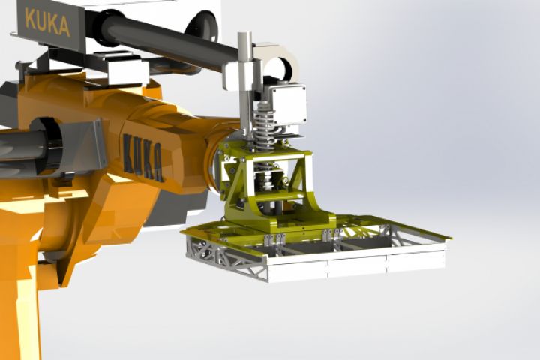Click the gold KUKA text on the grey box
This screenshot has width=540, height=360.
tap(48, 22)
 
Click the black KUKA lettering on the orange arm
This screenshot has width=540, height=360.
tap(143, 157)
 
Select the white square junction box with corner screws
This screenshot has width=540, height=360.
tap(286, 104)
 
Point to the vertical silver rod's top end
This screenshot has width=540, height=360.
tap(244, 34)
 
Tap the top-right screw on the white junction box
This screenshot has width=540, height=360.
tap(302, 88)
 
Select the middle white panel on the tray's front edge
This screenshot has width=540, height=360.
tap(357, 266)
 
